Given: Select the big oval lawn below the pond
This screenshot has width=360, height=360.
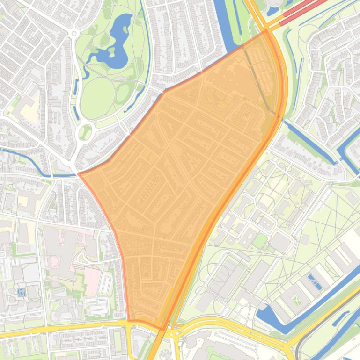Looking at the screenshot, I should [x=97, y=97].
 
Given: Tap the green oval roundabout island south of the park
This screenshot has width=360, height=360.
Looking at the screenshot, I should [x=85, y=132].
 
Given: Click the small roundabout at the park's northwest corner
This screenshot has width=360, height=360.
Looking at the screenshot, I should [x=73, y=33].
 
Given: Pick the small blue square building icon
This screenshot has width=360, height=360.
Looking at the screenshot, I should [x=21, y=292].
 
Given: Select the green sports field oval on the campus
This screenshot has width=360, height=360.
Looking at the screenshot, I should [x=260, y=241].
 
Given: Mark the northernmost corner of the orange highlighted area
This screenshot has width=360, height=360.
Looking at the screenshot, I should [x=266, y=31].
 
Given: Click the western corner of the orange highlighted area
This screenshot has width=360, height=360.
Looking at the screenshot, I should [x=79, y=174].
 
